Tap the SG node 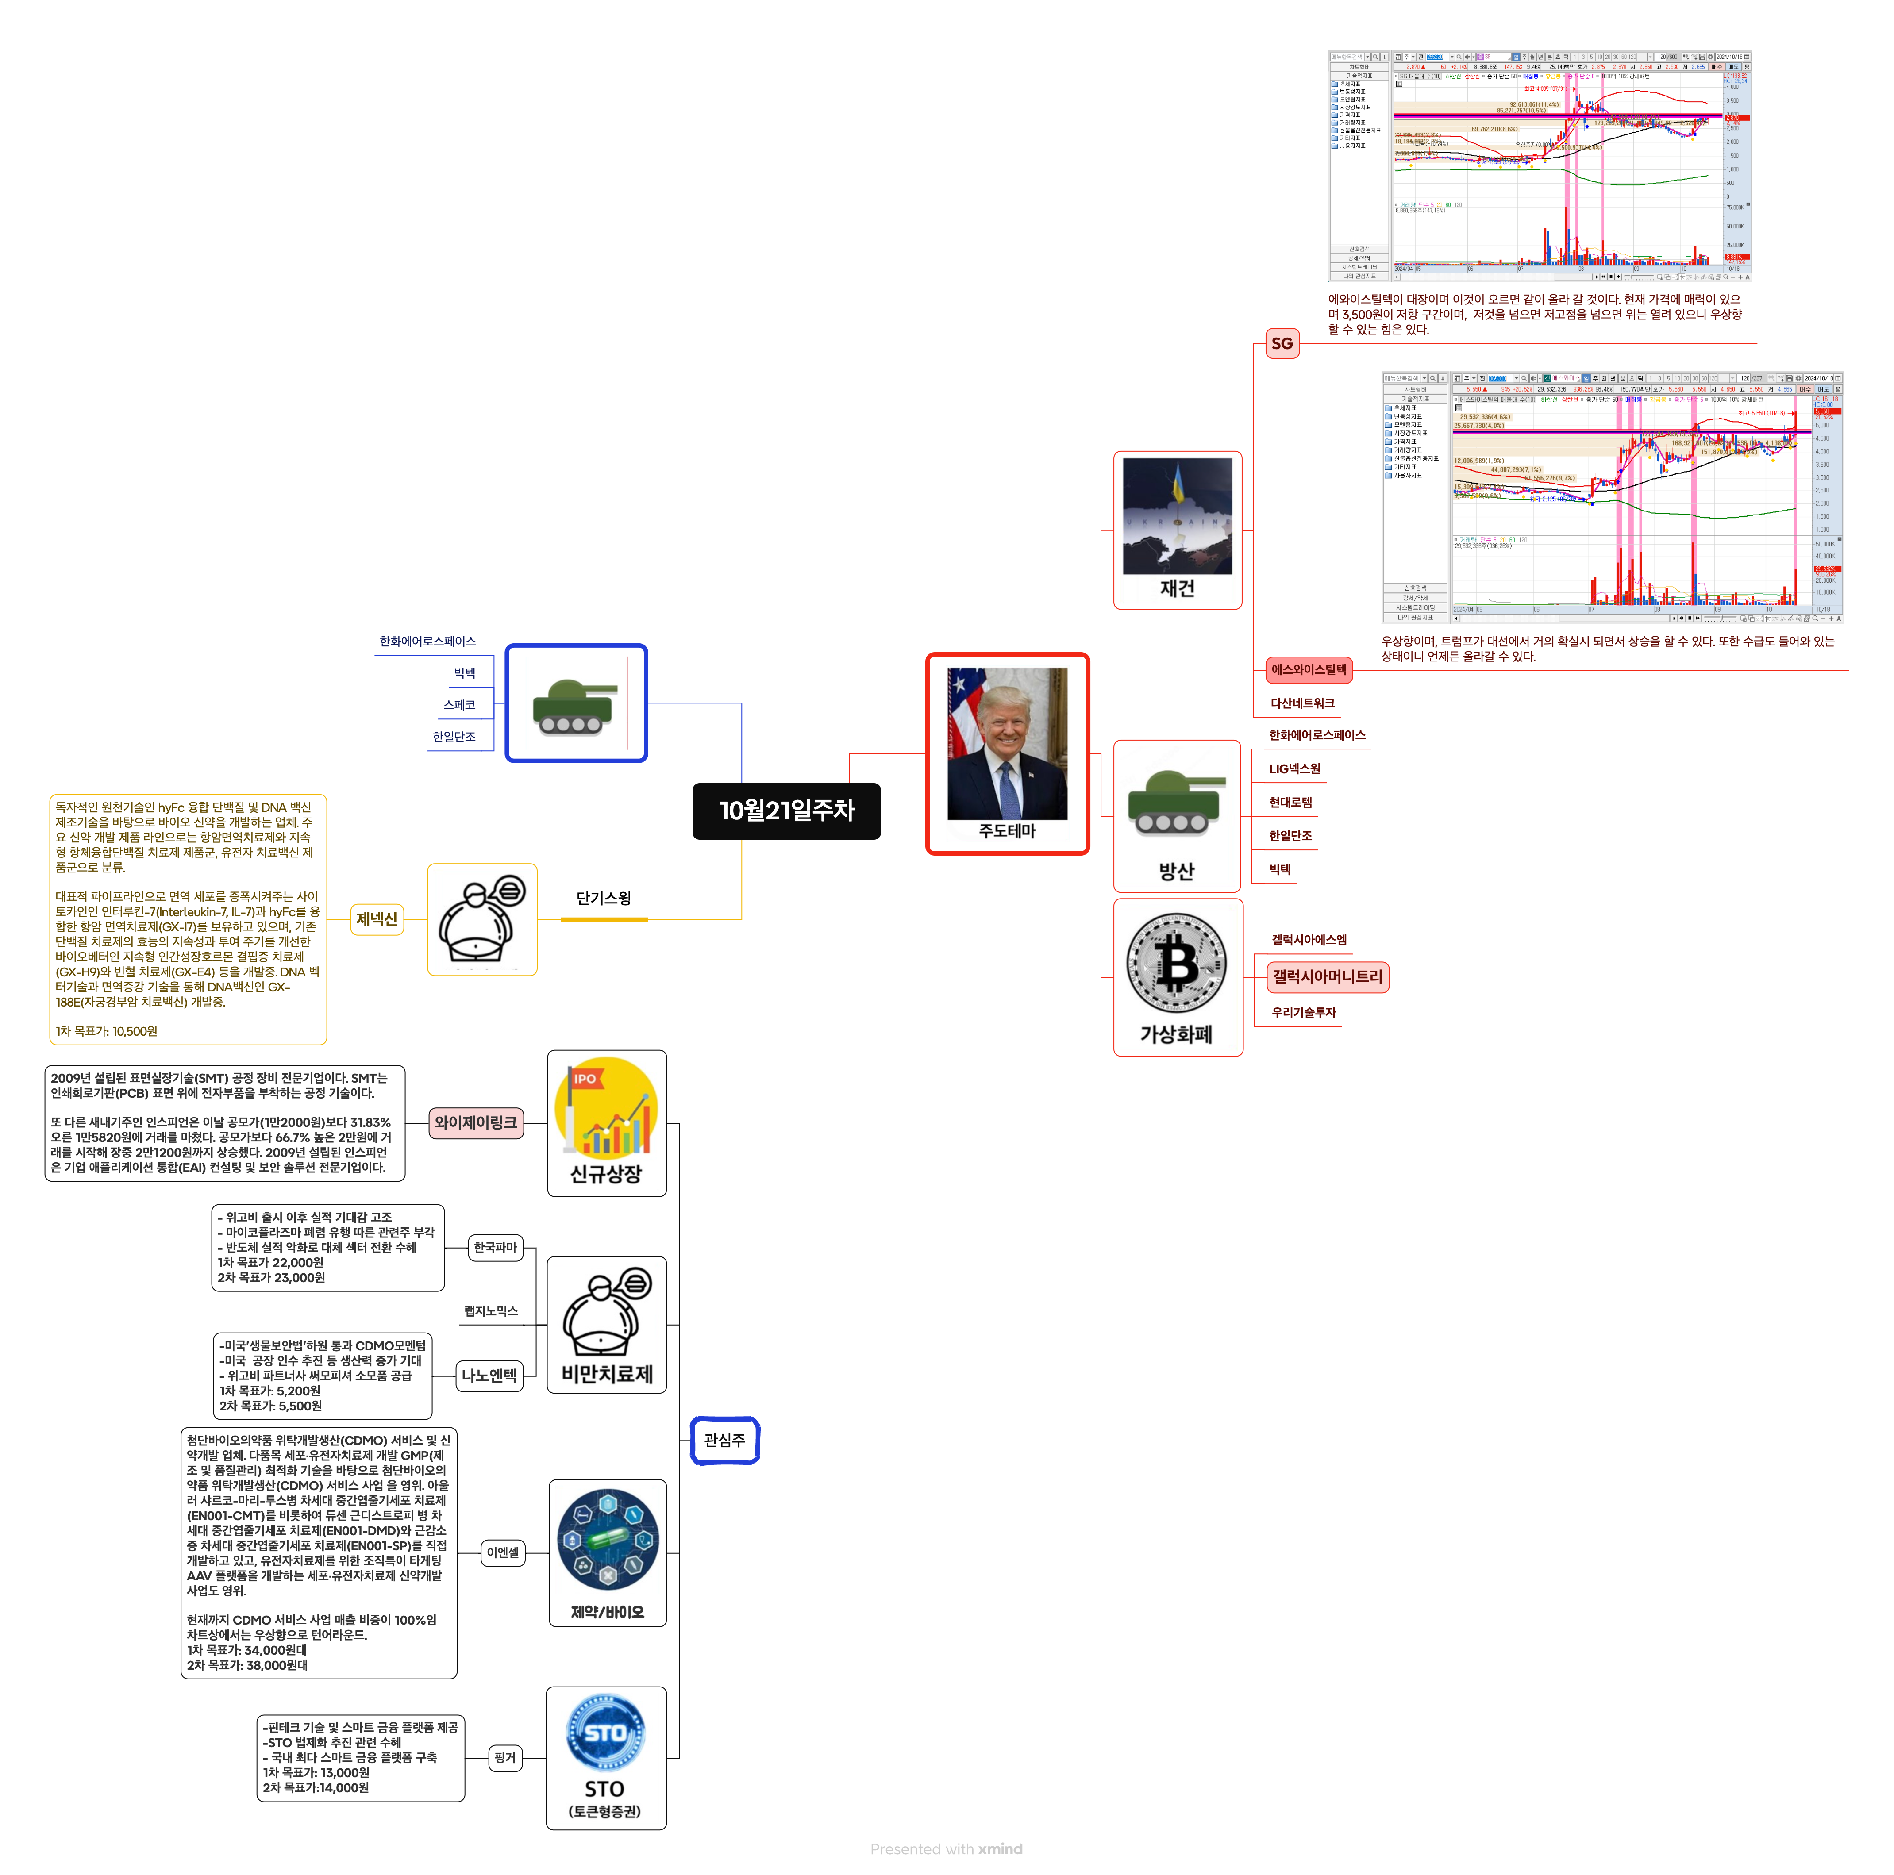click(1281, 343)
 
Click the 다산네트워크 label click(1302, 703)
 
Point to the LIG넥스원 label click(1294, 768)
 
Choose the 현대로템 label click(1290, 802)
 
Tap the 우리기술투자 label click(1303, 1012)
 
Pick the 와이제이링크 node click(475, 1122)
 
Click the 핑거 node click(505, 1757)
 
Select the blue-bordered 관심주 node click(724, 1440)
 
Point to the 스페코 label click(459, 705)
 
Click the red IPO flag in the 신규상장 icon click(585, 1078)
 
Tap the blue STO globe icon click(605, 1733)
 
